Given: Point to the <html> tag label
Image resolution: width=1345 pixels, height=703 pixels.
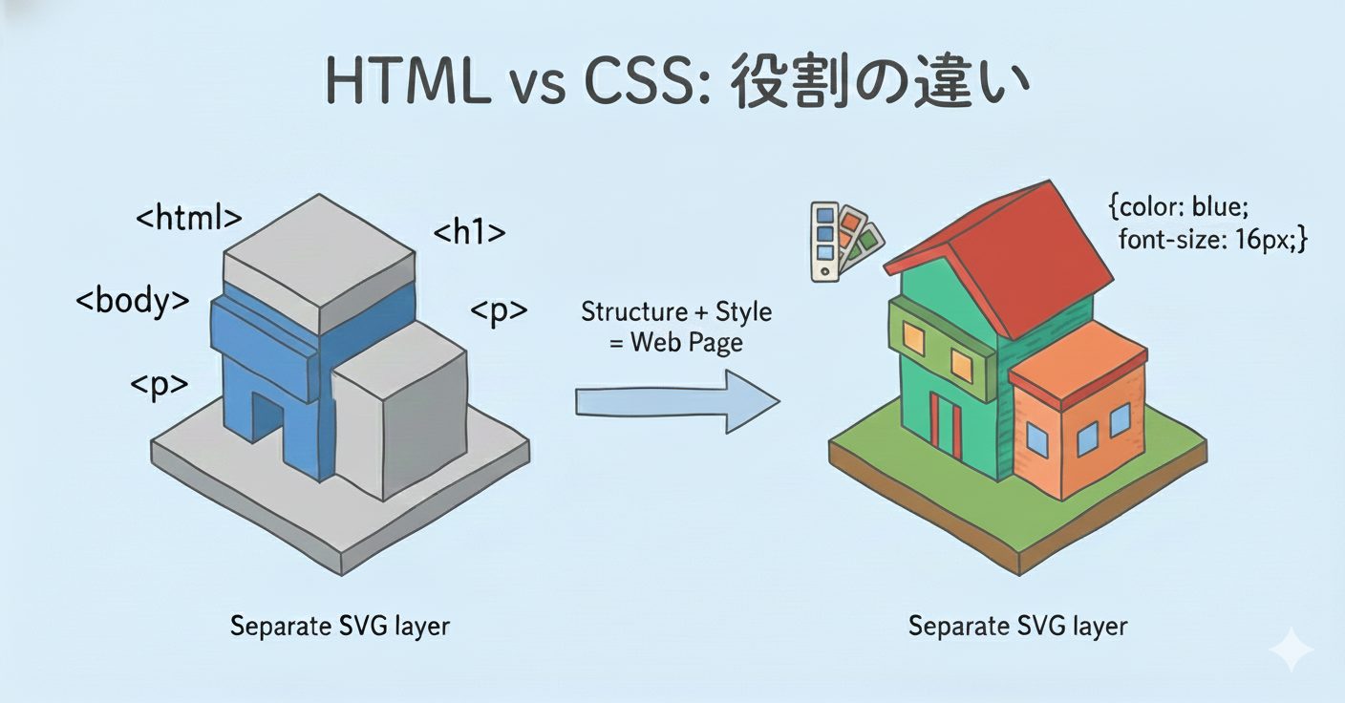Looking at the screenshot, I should coord(188,218).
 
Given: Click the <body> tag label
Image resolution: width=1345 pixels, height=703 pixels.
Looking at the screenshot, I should coord(132,301).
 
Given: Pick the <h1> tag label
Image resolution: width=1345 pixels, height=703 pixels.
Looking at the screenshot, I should coord(469,232).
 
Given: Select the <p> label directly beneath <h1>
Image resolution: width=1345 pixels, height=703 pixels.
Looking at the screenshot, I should coord(499,311).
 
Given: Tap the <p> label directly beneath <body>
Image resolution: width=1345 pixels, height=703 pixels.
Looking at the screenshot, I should coord(159,385).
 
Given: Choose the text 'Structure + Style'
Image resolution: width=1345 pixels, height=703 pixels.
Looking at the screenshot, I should coord(676,311).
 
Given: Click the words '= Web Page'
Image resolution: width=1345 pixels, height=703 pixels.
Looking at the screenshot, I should coord(676,341).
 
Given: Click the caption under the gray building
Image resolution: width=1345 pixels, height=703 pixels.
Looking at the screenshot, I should coord(339,627).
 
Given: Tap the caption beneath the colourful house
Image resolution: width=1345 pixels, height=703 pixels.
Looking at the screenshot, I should coord(1017,627).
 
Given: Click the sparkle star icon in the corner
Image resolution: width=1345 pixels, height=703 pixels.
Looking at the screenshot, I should coord(1291,650).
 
